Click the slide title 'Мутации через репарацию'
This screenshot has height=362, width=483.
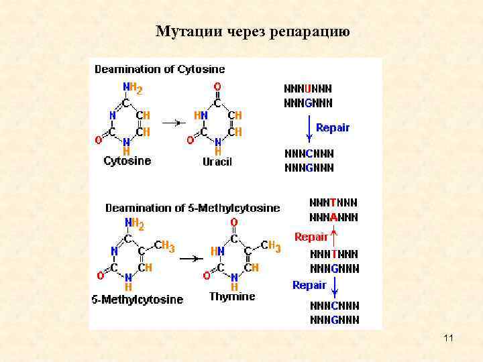click(252, 32)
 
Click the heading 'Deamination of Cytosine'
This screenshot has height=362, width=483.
click(160, 69)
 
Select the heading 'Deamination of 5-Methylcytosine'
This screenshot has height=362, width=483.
click(193, 208)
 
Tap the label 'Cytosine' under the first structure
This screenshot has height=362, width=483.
click(127, 161)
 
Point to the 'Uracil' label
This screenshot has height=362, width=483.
click(217, 162)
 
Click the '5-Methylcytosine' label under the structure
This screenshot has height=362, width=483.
click(137, 300)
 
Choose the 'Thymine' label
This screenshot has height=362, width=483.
click(232, 296)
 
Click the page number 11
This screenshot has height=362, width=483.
click(448, 338)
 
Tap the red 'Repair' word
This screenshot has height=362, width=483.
click(311, 237)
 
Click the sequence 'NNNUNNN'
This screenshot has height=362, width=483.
click(309, 88)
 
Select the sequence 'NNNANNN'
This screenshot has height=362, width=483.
click(333, 217)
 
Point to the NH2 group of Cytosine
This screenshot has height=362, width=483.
click(132, 88)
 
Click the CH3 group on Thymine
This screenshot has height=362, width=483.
click(270, 247)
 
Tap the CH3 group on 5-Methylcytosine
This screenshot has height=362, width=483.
click(164, 247)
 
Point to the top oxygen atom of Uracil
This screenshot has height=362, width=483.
click(217, 86)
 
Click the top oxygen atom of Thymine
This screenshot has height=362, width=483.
click(234, 223)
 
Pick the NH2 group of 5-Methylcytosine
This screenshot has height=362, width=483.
click(133, 224)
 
